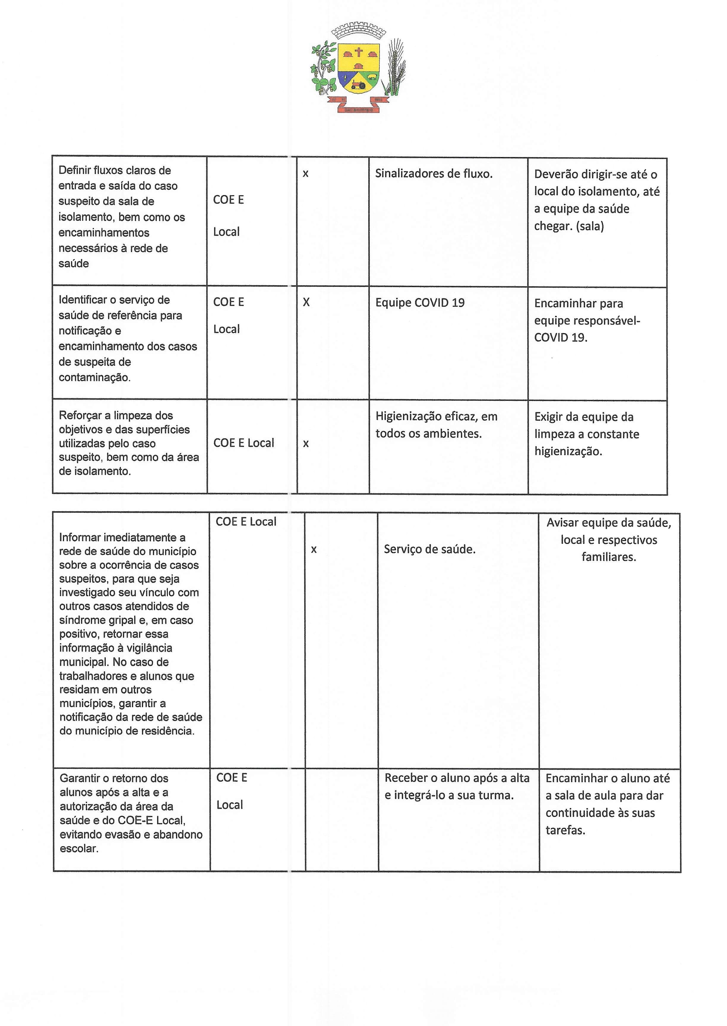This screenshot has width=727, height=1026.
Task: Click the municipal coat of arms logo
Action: [x=358, y=67]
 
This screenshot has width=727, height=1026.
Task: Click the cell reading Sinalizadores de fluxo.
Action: [x=433, y=174]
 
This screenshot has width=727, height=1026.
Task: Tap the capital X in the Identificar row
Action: [x=306, y=303]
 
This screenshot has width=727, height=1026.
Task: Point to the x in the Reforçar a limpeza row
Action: [x=306, y=444]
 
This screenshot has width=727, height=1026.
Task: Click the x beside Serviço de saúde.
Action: [x=314, y=550]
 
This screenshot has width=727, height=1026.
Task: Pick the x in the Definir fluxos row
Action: [x=305, y=174]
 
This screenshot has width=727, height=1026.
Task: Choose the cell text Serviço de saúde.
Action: [x=429, y=550]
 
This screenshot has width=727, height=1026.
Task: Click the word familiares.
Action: [x=609, y=557]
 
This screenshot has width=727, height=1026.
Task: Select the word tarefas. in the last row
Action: [x=565, y=830]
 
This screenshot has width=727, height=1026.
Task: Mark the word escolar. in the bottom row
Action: [x=79, y=848]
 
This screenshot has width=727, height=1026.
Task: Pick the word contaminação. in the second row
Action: [x=94, y=378]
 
